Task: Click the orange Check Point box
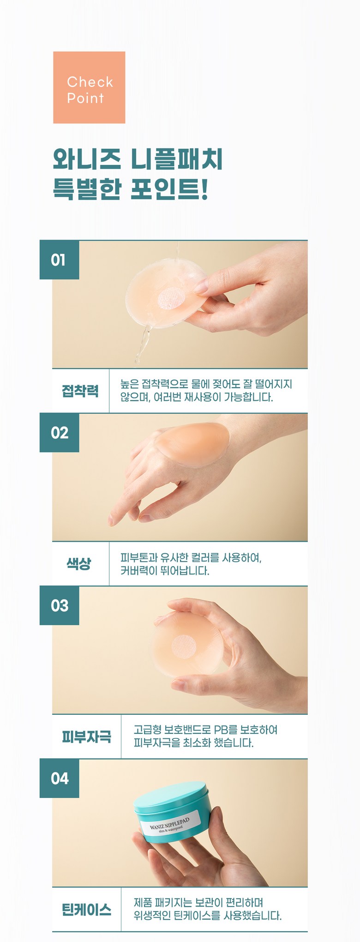click(89, 87)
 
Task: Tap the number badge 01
click(59, 260)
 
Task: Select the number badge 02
click(59, 433)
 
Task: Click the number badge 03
click(59, 605)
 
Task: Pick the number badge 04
click(59, 778)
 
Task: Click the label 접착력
click(80, 391)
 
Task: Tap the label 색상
click(79, 563)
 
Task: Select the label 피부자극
click(87, 736)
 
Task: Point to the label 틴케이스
click(87, 909)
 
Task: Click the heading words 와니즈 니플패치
click(138, 159)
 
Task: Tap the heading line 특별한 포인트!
click(131, 189)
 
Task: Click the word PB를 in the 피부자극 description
click(225, 730)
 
